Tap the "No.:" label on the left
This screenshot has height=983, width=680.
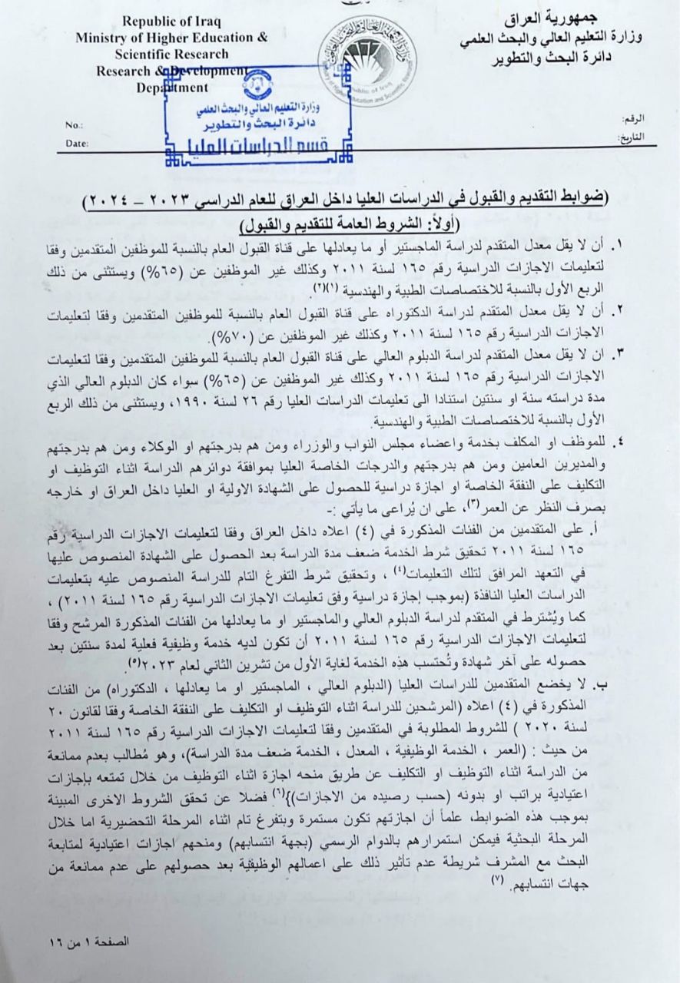point(74,125)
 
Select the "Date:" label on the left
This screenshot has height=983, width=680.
point(78,143)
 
